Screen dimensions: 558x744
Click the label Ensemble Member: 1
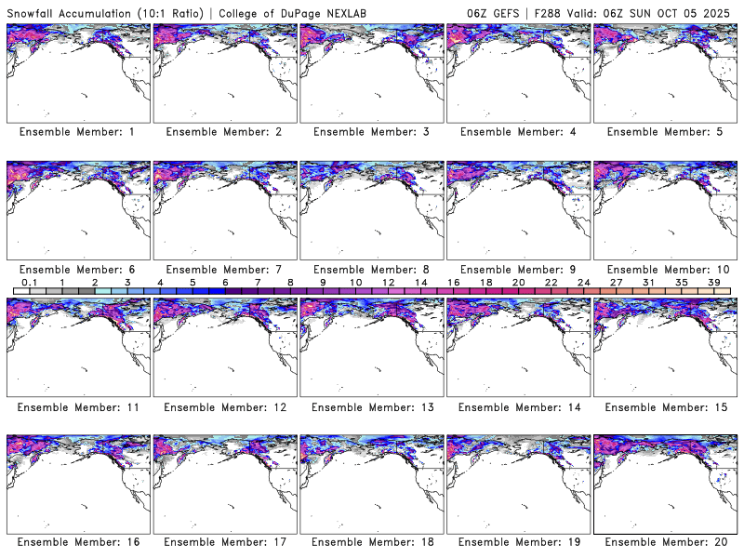pyautogui.click(x=77, y=132)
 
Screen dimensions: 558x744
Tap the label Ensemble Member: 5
pyautogui.click(x=665, y=132)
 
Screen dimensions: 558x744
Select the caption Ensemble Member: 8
pyautogui.click(x=371, y=269)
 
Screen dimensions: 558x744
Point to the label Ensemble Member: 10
pyautogui.click(x=665, y=269)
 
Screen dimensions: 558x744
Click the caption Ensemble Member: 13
pyautogui.click(x=371, y=406)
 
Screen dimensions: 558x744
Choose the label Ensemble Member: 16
pyautogui.click(x=77, y=541)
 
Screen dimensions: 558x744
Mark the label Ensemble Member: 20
pyautogui.click(x=665, y=541)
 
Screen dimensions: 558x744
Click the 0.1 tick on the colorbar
pyautogui.click(x=29, y=282)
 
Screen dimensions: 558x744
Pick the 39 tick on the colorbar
pyautogui.click(x=714, y=282)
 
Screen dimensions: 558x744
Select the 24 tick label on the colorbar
pyautogui.click(x=583, y=282)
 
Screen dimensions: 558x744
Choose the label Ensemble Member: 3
pyautogui.click(x=371, y=132)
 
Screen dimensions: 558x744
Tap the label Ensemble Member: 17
pyautogui.click(x=224, y=541)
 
